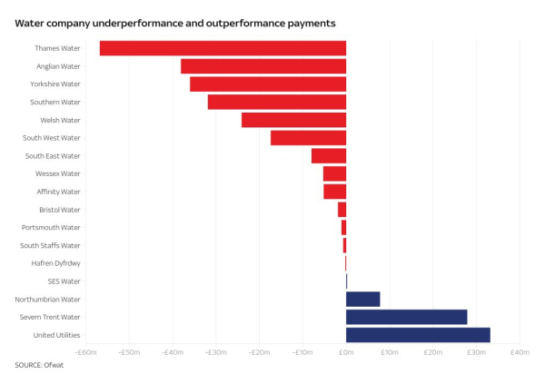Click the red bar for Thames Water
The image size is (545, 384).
pyautogui.click(x=223, y=48)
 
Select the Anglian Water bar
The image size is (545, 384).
pyautogui.click(x=263, y=66)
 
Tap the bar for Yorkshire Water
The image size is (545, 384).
pyautogui.click(x=268, y=84)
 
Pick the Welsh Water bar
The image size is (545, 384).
pyautogui.click(x=293, y=120)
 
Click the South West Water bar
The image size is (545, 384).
pyautogui.click(x=308, y=138)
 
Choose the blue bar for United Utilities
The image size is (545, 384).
pyautogui.click(x=418, y=335)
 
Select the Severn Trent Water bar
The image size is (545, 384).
pyautogui.click(x=406, y=317)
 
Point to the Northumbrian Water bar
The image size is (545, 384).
pyautogui.click(x=362, y=299)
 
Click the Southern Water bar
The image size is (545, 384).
pyautogui.click(x=276, y=102)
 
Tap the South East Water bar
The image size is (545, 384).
pyautogui.click(x=329, y=155)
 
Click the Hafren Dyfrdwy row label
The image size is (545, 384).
pyautogui.click(x=56, y=263)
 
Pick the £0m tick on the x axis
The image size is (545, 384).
pyautogui.click(x=346, y=352)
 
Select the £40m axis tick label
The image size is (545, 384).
pyautogui.click(x=519, y=352)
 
